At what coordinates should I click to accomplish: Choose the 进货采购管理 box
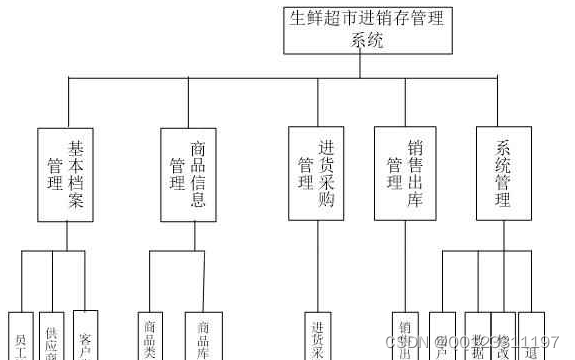pyautogui.click(x=316, y=173)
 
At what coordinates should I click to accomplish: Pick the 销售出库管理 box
pyautogui.click(x=406, y=173)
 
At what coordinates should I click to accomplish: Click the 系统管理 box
pyautogui.click(x=503, y=173)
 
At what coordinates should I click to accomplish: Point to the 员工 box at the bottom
pyautogui.click(x=21, y=336)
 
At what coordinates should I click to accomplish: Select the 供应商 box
pyautogui.click(x=53, y=336)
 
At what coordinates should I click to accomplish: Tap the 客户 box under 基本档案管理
pyautogui.click(x=86, y=336)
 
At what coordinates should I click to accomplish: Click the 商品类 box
pyautogui.click(x=151, y=336)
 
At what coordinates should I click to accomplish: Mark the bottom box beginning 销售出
pyautogui.click(x=406, y=336)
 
